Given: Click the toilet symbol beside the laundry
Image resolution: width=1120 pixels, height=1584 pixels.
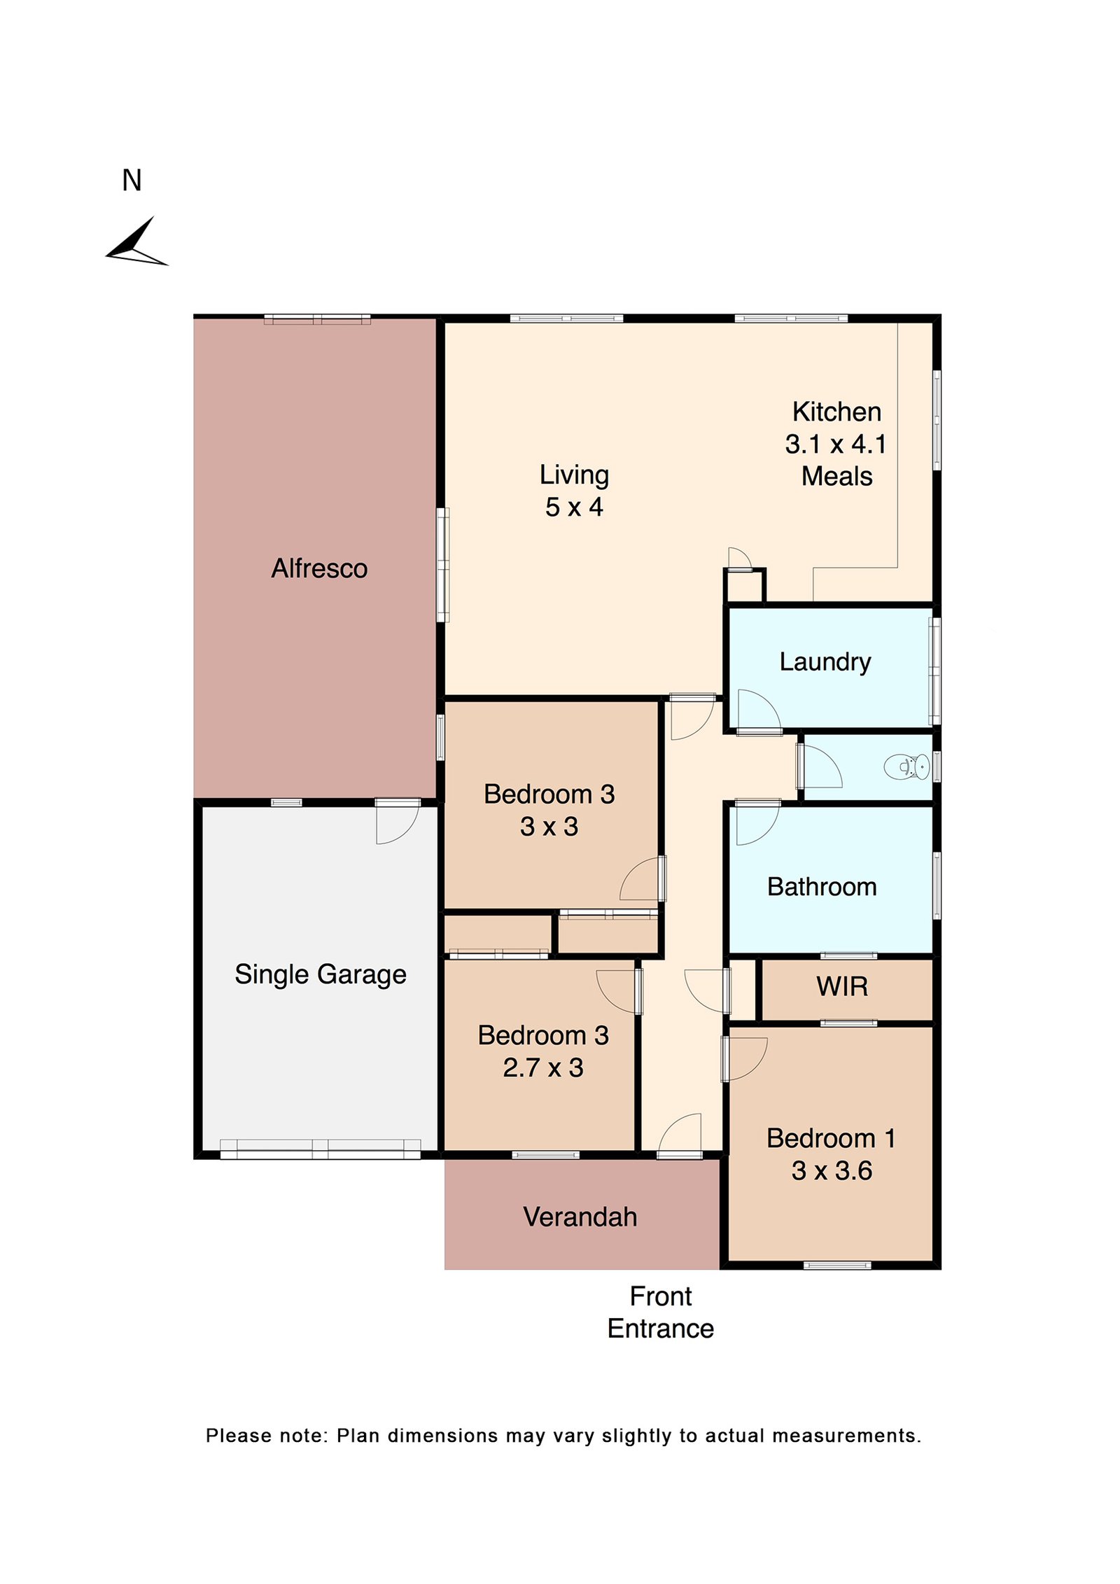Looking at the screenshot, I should point(908,766).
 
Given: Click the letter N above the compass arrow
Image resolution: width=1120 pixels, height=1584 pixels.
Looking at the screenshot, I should point(132,181).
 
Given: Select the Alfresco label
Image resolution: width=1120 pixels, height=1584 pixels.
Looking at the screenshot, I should point(319,568).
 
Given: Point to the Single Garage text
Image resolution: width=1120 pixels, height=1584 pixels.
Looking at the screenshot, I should point(320,974).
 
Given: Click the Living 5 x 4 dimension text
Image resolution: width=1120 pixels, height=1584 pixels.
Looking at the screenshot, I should point(574,507).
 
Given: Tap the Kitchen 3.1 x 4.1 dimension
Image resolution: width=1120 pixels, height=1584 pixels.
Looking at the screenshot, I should point(836,444).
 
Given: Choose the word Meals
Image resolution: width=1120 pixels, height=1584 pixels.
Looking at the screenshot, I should point(836,476).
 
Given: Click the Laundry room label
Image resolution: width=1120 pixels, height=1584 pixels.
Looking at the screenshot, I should point(825,661).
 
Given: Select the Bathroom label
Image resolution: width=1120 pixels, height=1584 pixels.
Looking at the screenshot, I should point(822,887).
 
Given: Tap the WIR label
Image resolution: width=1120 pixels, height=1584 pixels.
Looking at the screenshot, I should point(842,987).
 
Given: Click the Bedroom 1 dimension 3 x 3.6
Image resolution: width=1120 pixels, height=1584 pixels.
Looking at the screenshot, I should point(832,1170).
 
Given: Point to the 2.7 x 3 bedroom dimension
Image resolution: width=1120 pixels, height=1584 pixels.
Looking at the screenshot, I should point(542,1067).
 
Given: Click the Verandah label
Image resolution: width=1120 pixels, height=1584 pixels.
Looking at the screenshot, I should point(580,1217).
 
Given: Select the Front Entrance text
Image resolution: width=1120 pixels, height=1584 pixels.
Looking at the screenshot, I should point(660,1312).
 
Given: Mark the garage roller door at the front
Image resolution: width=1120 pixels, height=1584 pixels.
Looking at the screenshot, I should point(320,1149).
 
